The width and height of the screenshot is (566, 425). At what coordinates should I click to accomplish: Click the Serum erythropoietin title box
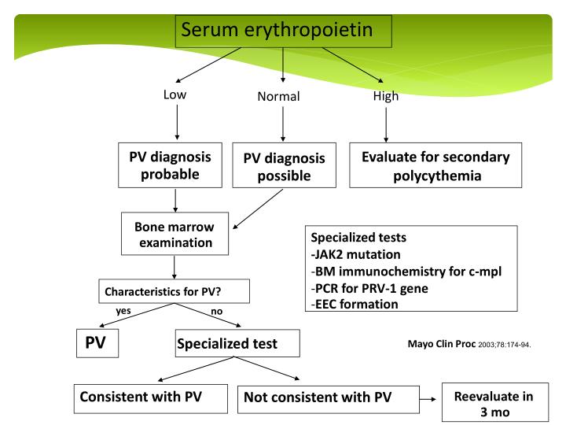pos(282,31)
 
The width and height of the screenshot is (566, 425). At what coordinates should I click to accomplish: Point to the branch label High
pos(385,96)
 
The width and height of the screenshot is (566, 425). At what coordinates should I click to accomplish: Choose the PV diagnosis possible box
pos(284,166)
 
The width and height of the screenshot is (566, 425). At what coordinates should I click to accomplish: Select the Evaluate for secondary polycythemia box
pos(436,164)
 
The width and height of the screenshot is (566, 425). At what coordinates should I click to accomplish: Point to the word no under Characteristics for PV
pos(217,311)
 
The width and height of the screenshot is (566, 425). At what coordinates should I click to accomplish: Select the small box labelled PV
pos(97,342)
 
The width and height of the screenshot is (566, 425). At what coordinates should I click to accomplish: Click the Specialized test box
pos(226,344)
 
